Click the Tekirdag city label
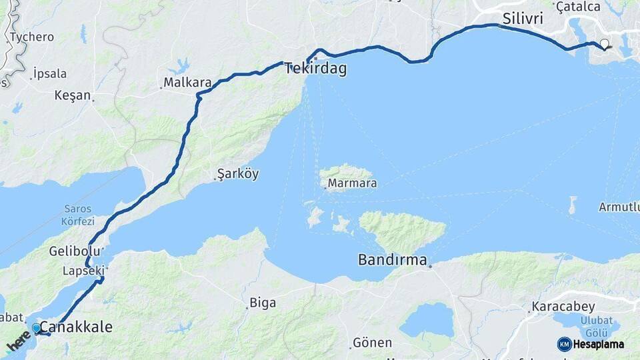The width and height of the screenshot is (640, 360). pyautogui.click(x=316, y=69)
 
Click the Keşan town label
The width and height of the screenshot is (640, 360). pyautogui.click(x=72, y=95)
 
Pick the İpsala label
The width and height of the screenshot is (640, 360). pyautogui.click(x=50, y=73)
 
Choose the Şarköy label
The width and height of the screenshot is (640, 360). pyautogui.click(x=238, y=175)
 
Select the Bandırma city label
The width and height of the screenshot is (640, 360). pyautogui.click(x=392, y=260)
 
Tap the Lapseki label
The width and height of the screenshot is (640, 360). pyautogui.click(x=84, y=271)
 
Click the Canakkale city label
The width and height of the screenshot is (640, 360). pyautogui.click(x=76, y=327)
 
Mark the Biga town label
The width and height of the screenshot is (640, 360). pyautogui.click(x=263, y=303)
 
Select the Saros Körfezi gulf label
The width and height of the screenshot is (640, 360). pyautogui.click(x=79, y=215)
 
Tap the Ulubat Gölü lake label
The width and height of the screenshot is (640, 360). pyautogui.click(x=591, y=325)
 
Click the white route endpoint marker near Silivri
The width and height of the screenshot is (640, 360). pyautogui.click(x=604, y=45)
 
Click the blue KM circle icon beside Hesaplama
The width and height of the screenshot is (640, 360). pyautogui.click(x=564, y=344)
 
